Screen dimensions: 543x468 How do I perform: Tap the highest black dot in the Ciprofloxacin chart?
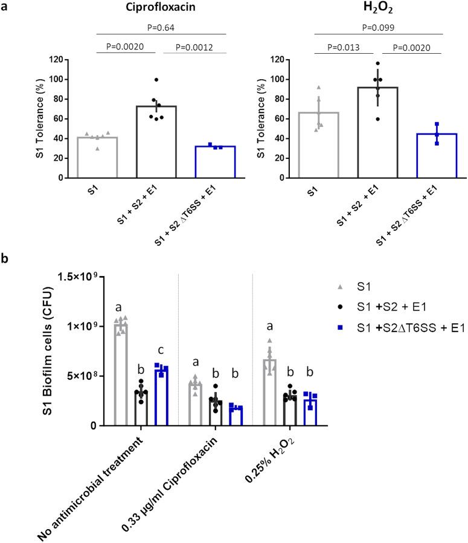(156, 80)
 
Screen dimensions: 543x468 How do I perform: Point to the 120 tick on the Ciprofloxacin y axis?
(56, 59)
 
